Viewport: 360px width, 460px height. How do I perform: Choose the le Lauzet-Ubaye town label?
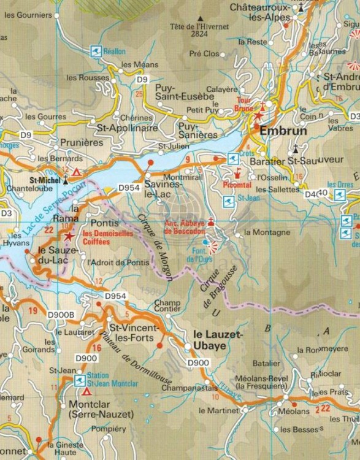pyautogui.click(x=218, y=341)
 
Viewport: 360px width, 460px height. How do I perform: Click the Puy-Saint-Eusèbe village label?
pyautogui.click(x=185, y=92)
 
